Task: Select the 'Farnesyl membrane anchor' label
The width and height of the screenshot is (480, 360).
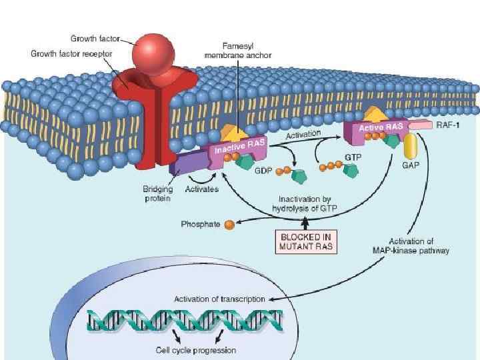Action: click(238, 51)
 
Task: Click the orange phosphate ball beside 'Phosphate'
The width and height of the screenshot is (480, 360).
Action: click(230, 225)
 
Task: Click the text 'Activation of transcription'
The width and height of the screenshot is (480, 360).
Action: click(219, 299)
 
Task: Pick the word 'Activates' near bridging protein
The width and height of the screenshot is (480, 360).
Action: click(201, 189)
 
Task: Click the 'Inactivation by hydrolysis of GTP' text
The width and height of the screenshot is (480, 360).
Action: click(305, 203)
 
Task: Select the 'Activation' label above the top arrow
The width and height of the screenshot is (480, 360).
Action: click(303, 134)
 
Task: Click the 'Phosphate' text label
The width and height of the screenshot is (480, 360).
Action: click(200, 225)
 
